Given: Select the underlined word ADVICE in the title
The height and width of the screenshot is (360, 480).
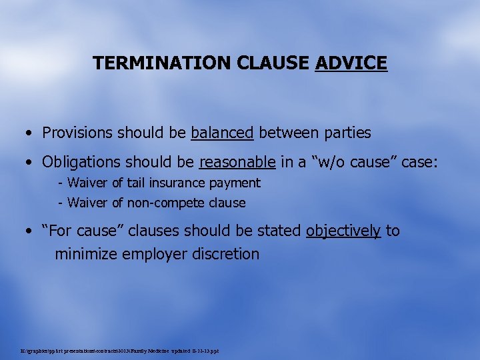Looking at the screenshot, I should tap(351, 63).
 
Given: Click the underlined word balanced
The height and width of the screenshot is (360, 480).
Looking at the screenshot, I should tap(222, 133).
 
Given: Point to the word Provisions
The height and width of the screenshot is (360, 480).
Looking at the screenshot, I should tap(79, 133).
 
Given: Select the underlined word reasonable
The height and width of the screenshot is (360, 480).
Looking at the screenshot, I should tap(237, 162).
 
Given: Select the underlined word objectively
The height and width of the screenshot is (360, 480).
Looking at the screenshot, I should tap(343, 231).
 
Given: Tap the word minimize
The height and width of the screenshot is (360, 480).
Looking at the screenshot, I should tap(86, 254).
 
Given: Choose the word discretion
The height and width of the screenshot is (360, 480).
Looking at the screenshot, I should tap(226, 254).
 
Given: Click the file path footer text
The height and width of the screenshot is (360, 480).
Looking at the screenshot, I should tap(120, 351).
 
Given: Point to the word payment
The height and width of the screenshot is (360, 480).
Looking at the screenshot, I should tap(239, 183).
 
